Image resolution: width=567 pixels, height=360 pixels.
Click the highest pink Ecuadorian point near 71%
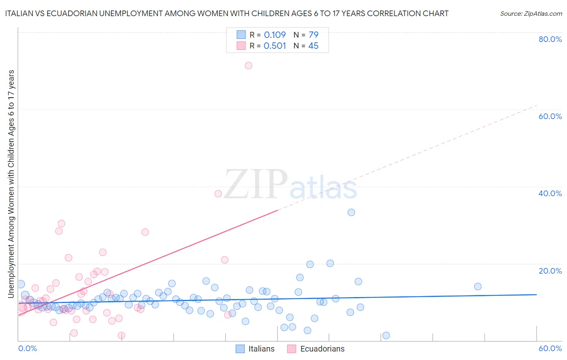point(248,65)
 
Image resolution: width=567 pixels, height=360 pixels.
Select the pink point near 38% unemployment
point(218,194)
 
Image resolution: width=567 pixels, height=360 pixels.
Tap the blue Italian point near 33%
point(351,212)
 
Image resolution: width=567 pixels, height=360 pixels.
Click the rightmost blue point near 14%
point(478,287)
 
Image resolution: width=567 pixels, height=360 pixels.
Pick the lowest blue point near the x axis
point(386,335)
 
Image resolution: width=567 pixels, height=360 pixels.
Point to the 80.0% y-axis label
point(550,39)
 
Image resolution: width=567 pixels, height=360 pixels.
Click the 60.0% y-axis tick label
point(550,116)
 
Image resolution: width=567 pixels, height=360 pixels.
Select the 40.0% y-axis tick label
point(550,193)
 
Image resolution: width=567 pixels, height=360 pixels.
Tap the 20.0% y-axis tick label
point(550,271)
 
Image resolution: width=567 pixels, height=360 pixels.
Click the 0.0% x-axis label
point(28,348)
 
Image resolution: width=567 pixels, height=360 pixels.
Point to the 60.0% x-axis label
point(550,348)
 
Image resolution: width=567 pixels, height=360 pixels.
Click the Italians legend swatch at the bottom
point(240,349)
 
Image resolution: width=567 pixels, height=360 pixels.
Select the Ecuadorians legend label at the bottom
point(322,349)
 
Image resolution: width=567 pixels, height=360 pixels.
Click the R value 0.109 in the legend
point(275,35)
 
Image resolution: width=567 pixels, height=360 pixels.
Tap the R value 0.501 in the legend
point(275,46)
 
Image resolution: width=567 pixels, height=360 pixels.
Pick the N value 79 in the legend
point(313,35)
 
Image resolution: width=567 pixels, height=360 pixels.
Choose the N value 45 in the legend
point(313,46)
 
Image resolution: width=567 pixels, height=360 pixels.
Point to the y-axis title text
point(11,184)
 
